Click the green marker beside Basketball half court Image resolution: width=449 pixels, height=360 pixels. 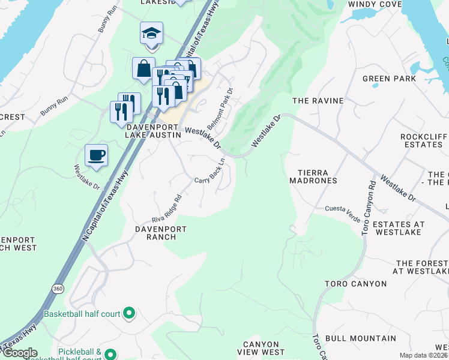pos(128,313)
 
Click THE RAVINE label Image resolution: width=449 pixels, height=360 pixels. pos(318,101)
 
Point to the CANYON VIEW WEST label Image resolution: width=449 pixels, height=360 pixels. pos(261,347)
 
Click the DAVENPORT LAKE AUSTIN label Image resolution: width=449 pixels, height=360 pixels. pos(152,131)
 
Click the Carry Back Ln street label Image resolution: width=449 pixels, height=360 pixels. pos(209,171)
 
